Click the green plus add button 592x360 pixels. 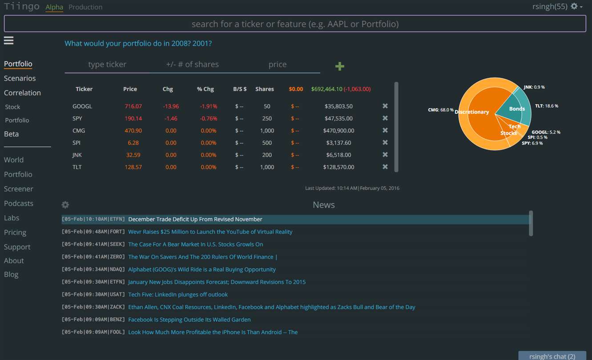point(340,66)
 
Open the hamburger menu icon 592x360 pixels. point(9,40)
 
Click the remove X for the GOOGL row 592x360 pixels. point(385,106)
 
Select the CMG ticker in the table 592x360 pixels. point(79,131)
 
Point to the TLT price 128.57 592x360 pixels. point(133,167)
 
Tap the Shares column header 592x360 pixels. point(265,89)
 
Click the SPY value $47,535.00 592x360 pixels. point(338,118)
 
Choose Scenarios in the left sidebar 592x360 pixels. point(20,78)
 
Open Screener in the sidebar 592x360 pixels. point(19,189)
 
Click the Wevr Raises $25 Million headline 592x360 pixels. point(210,232)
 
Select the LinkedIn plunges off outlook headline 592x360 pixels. point(178,295)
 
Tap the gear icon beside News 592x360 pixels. point(65,205)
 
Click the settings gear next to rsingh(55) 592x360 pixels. point(574,6)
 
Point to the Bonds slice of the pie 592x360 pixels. point(514,108)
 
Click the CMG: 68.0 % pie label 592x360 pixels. point(441,110)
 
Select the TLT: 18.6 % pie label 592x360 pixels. point(547,106)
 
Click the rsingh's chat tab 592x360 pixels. point(552,356)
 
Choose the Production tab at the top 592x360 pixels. point(85,7)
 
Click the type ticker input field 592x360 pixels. point(107,64)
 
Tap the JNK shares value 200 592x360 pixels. point(267,155)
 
